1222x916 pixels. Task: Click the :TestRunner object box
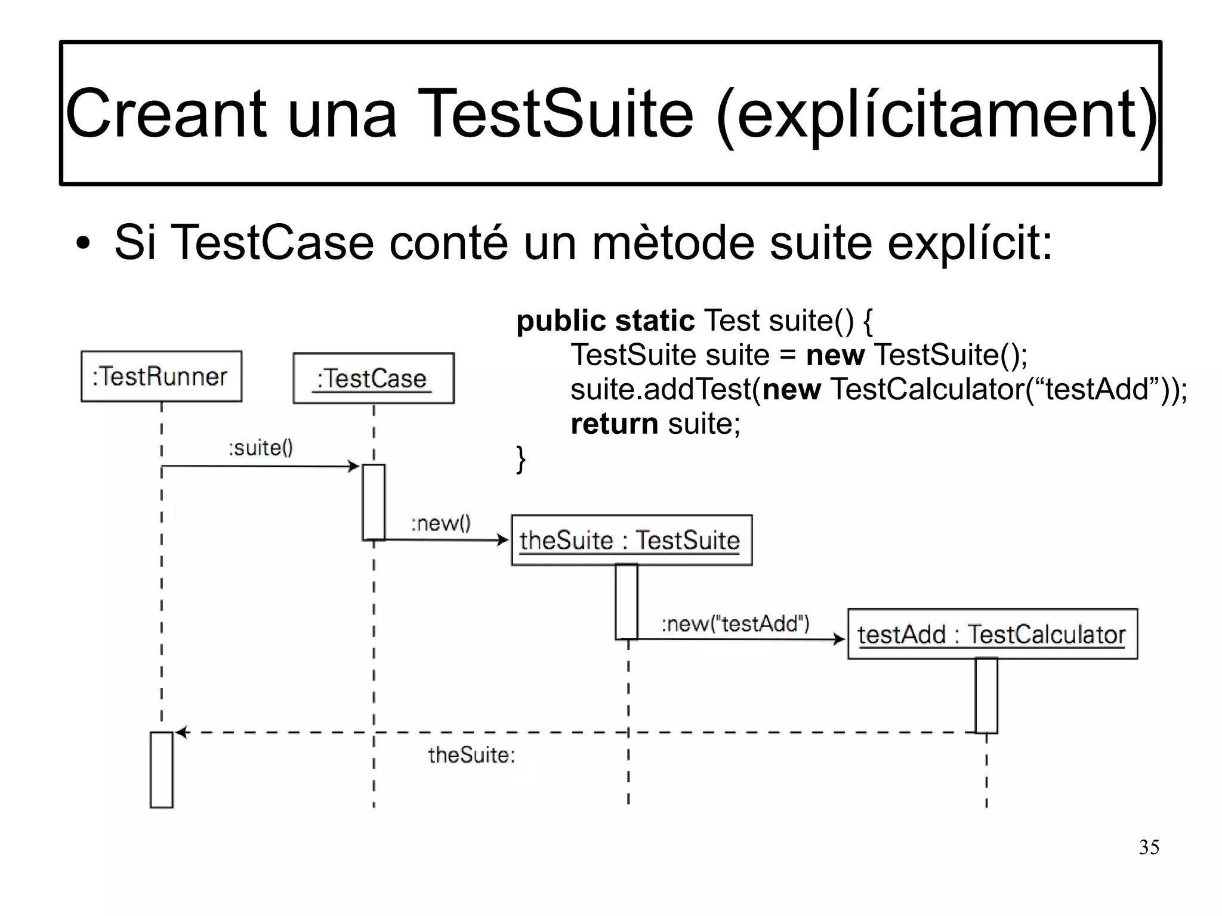point(161,377)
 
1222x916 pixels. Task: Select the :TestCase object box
point(374,378)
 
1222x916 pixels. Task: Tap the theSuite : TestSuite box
point(631,540)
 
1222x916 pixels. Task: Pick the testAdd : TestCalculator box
point(992,634)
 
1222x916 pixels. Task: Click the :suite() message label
point(261,448)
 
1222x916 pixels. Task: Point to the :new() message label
point(440,523)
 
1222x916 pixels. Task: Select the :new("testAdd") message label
point(735,624)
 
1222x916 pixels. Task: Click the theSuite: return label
point(471,755)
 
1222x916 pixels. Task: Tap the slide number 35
point(1149,847)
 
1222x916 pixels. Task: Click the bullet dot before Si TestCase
point(84,244)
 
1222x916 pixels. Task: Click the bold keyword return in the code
point(614,424)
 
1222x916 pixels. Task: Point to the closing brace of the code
point(521,459)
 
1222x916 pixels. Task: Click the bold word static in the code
point(655,320)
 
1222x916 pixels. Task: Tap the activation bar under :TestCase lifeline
point(374,502)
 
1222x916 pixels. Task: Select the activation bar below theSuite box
point(627,602)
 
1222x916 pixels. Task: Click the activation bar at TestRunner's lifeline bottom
point(161,770)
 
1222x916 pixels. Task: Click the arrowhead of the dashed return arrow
point(181,732)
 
